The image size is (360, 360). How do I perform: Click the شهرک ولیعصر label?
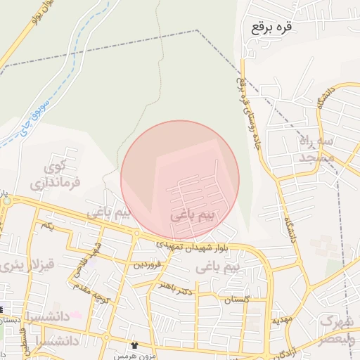pos(337,330)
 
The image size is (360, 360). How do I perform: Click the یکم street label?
pos(47,225)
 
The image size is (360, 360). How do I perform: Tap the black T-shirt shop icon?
pos(134,346)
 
